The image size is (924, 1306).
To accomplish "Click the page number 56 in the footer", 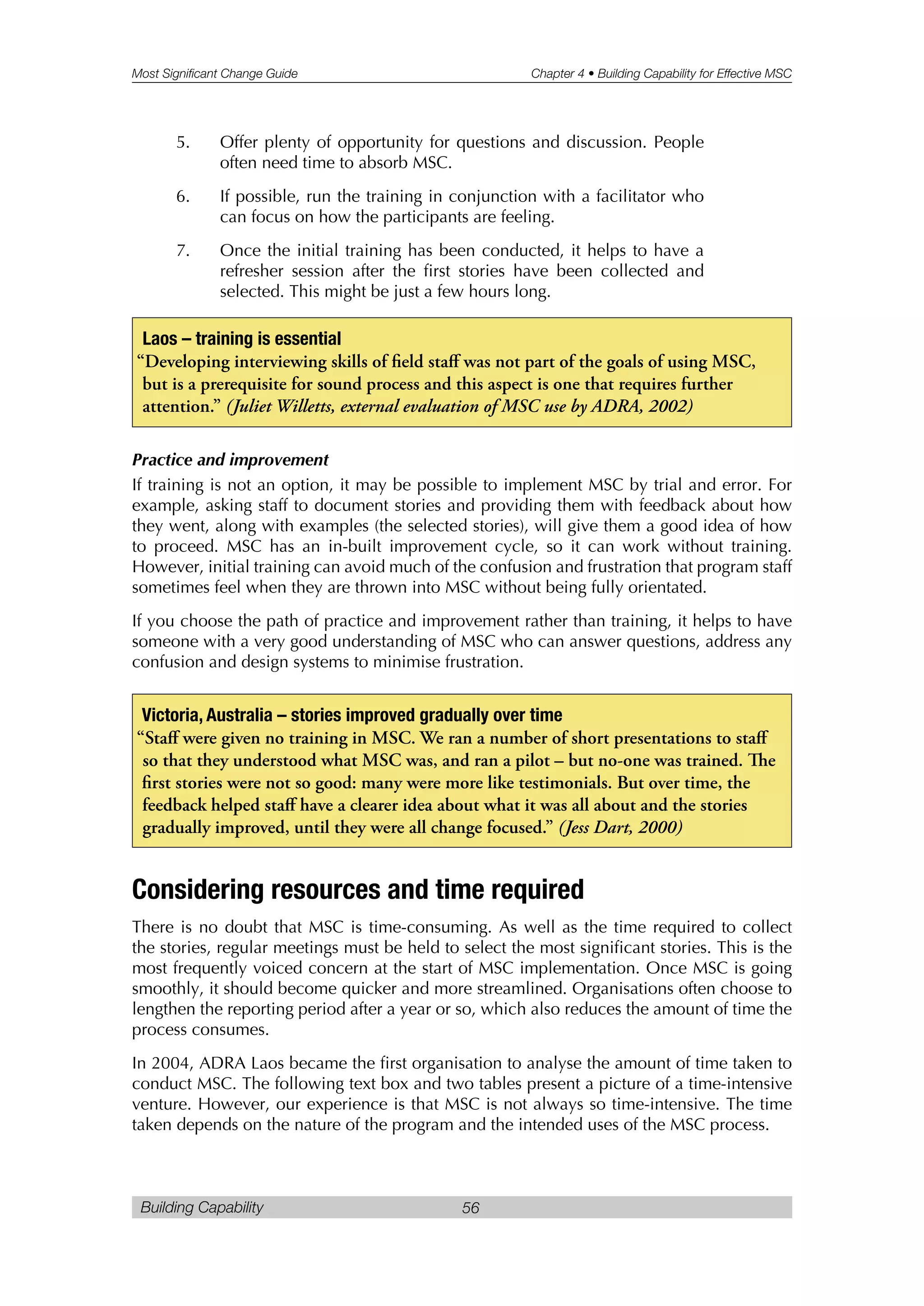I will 471,1208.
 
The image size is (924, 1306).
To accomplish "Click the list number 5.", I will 183,142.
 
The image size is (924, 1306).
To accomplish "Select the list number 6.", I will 183,196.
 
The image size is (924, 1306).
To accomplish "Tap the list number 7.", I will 183,251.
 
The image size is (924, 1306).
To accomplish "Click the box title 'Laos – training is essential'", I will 241,339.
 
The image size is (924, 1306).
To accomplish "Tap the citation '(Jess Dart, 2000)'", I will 621,827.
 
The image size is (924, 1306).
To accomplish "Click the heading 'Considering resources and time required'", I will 358,890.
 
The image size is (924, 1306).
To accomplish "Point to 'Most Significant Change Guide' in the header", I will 214,74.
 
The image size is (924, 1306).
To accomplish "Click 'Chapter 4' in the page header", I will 557,74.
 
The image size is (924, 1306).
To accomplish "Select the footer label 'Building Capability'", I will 202,1207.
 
